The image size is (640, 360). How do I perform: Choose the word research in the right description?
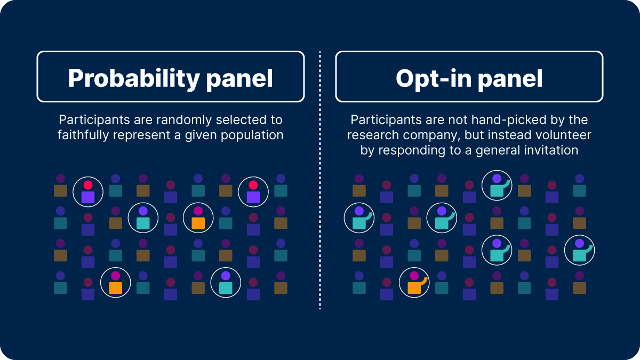click(x=373, y=135)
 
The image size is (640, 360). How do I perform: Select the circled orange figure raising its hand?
click(x=414, y=282)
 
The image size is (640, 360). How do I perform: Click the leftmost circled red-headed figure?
click(x=88, y=191)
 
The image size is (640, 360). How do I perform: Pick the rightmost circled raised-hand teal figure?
click(x=580, y=250)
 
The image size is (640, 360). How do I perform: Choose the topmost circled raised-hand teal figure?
click(x=497, y=185)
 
